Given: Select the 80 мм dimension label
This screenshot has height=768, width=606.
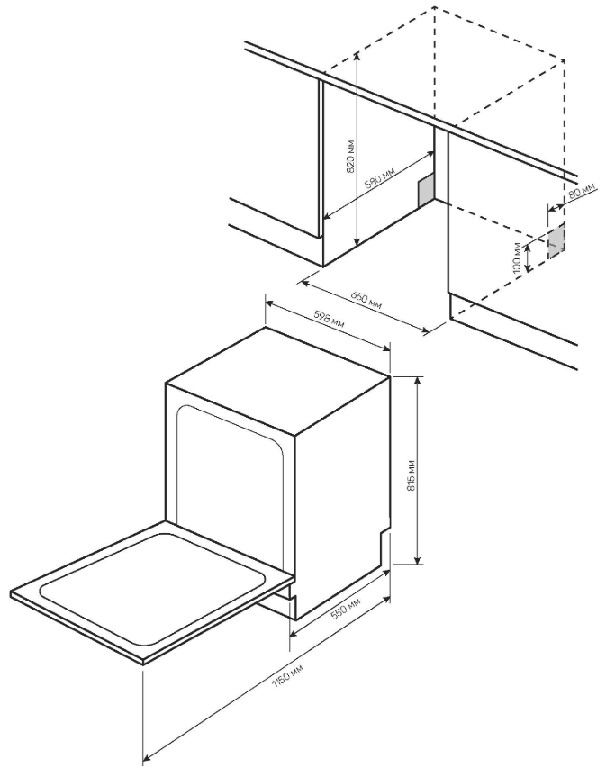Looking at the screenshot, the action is point(583,191).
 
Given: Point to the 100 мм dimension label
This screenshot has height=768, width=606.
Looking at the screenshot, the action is point(517,257).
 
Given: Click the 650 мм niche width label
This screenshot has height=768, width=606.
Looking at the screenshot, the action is point(366,300).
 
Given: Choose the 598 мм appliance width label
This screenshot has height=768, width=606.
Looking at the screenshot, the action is point(329,320).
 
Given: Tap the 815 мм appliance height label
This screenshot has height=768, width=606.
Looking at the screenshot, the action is point(411,475).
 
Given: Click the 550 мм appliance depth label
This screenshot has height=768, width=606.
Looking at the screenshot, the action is point(346,609).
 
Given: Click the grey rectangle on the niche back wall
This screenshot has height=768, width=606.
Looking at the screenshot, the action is point(425,190).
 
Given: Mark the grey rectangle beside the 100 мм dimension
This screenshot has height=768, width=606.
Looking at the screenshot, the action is point(556,241).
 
